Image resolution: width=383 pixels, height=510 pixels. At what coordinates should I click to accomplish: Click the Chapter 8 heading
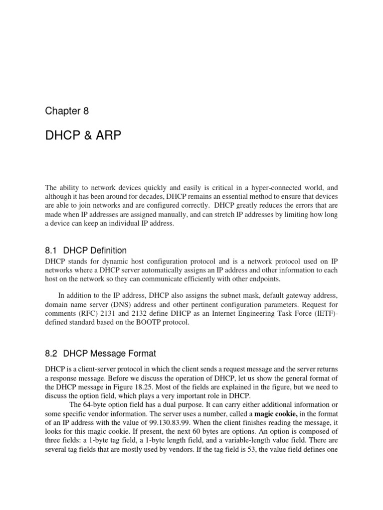click(67, 111)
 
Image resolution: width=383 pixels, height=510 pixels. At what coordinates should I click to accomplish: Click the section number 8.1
click(51, 251)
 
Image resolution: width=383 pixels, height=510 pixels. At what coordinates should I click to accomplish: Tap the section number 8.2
click(51, 354)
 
